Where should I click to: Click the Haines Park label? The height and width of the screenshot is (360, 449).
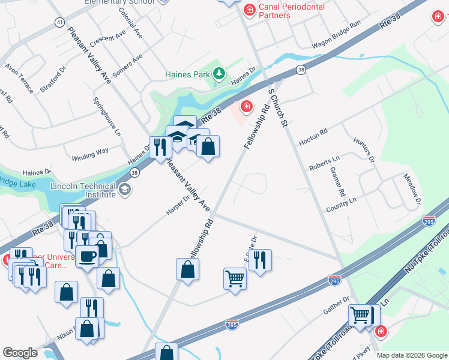(187, 75)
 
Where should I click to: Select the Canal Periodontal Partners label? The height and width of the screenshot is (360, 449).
(292, 11)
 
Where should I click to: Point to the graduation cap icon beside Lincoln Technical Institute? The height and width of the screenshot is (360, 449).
(124, 190)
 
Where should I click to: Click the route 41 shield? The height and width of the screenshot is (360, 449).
(59, 22)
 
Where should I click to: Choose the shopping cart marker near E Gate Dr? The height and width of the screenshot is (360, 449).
(235, 278)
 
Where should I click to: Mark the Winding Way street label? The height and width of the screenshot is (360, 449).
(90, 152)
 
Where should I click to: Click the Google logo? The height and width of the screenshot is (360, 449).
(20, 353)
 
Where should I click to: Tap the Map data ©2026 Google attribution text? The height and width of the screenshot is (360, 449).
(411, 355)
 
